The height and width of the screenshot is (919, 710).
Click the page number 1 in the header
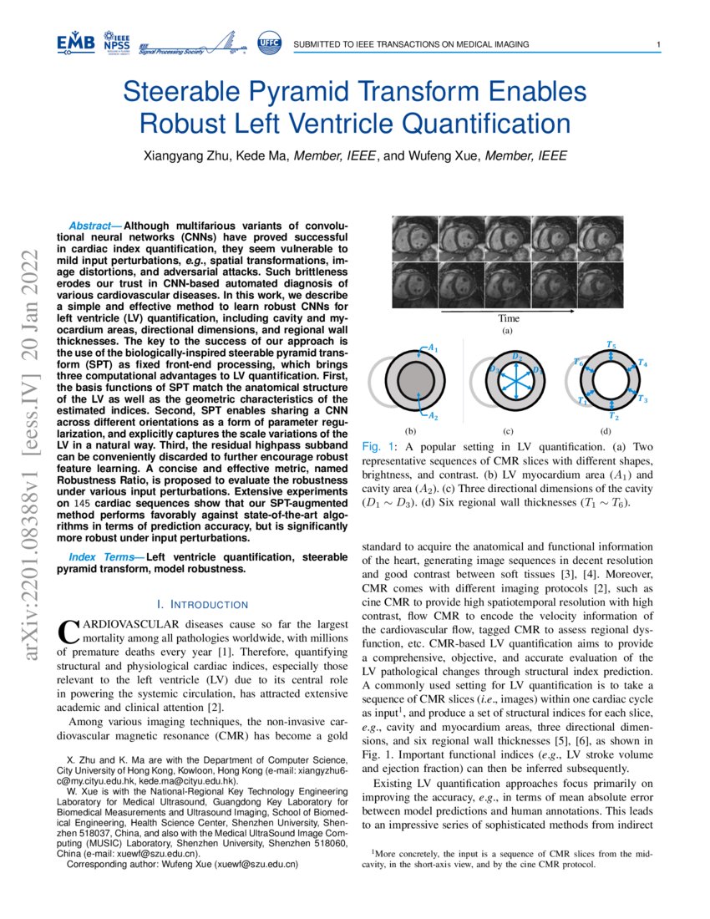point(659,44)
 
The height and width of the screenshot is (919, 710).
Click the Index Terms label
point(94,557)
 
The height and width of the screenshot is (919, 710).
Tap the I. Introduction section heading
point(203,604)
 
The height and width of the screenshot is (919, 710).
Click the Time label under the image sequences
point(508,318)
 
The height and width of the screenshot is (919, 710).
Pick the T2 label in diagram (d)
point(613,415)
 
